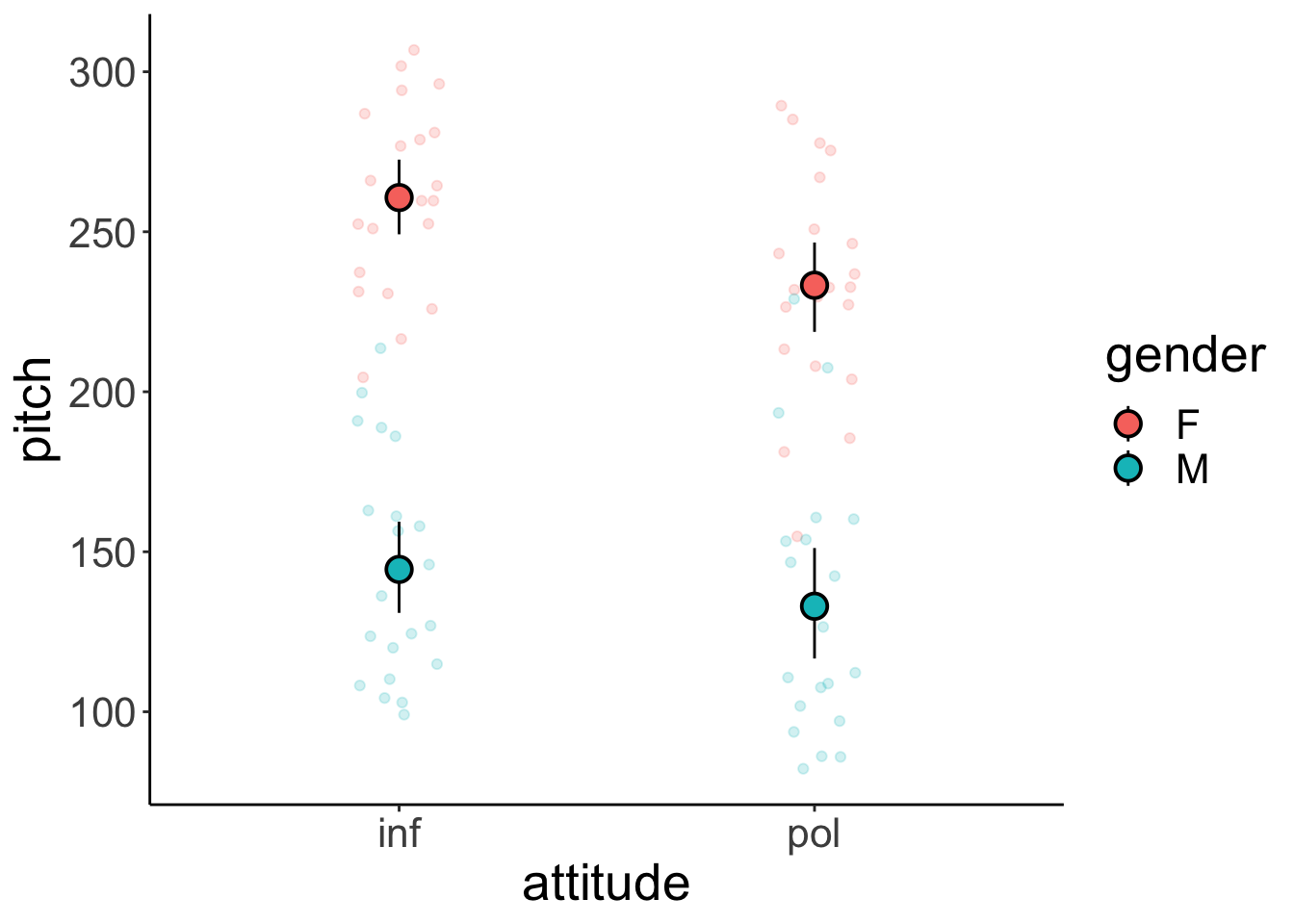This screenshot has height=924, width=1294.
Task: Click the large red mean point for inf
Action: coord(399,197)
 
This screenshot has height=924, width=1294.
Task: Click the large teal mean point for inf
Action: coord(399,570)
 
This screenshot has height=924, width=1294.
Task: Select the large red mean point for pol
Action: coord(815,285)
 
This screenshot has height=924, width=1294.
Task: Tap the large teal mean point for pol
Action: coord(815,606)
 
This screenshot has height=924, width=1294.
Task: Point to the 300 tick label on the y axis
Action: coord(99,73)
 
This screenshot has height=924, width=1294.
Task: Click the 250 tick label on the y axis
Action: coord(99,233)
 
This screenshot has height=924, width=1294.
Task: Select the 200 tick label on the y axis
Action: coord(99,393)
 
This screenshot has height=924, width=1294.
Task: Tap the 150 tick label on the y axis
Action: coord(99,552)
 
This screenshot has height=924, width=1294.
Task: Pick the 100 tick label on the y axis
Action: coord(99,712)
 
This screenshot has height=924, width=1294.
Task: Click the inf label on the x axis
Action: coord(399,834)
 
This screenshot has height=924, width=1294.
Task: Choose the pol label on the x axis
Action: coord(815,834)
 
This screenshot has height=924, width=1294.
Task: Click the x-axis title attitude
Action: coord(606,884)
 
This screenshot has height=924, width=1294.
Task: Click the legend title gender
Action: coord(1184,356)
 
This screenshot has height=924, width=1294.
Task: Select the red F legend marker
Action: coord(1127,423)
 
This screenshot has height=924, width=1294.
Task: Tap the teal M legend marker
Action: coord(1127,469)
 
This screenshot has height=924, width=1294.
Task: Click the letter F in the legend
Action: coord(1187,423)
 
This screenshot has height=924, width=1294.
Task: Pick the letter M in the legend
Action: coord(1192,470)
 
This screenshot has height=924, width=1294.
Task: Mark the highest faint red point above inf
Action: coord(414,50)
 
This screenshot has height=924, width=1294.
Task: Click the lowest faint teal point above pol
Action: coord(803,768)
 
